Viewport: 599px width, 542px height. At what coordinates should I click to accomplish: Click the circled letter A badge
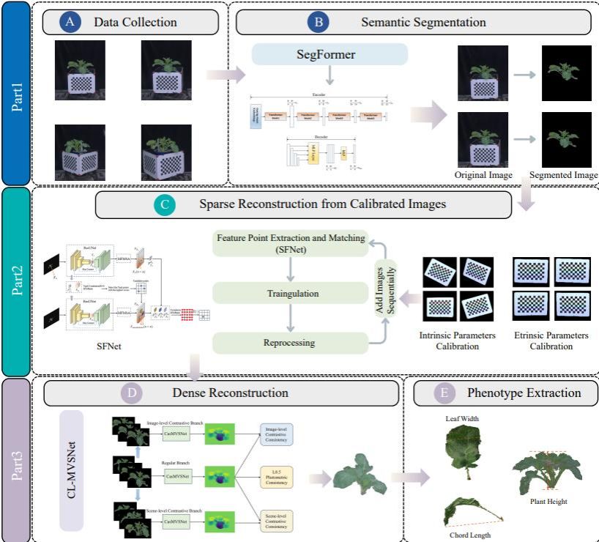[x=70, y=22]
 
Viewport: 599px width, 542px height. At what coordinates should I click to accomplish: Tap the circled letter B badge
[x=319, y=22]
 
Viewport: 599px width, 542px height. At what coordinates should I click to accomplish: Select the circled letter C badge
[x=165, y=205]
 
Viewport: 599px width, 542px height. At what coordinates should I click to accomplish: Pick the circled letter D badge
[x=132, y=393]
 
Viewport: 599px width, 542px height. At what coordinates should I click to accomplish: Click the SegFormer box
[x=330, y=53]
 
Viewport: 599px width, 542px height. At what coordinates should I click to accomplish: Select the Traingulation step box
[x=291, y=294]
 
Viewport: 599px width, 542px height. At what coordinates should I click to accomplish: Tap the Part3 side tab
[x=15, y=459]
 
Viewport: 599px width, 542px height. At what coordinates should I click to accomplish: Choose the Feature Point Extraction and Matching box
[x=291, y=244]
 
